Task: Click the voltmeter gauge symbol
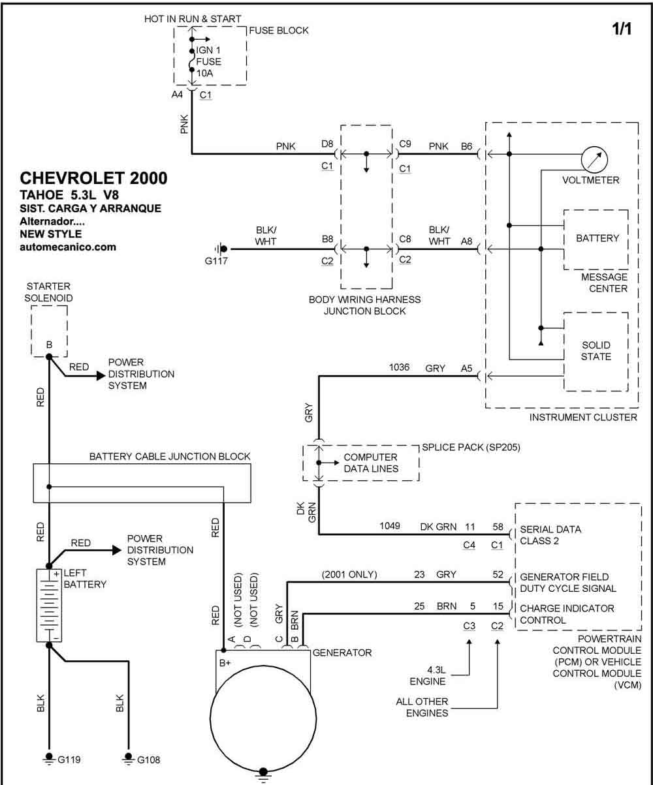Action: (x=594, y=159)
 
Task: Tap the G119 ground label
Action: (x=69, y=760)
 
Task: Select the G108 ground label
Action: (x=149, y=760)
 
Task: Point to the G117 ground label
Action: (x=216, y=261)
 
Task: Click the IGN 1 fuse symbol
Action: (x=192, y=60)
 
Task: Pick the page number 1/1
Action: (x=622, y=29)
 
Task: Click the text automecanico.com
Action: (x=68, y=247)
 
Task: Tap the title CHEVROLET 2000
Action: (x=93, y=178)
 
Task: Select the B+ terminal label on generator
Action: (x=225, y=663)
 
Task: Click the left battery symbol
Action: (x=49, y=606)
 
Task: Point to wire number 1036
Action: (x=399, y=367)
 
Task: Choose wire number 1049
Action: (x=390, y=525)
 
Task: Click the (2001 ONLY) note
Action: (x=349, y=574)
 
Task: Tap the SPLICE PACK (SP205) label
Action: (x=471, y=448)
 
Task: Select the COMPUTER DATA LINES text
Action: (x=371, y=463)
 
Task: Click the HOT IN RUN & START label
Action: (x=193, y=19)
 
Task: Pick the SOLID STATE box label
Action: (x=596, y=351)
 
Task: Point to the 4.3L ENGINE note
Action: (x=428, y=675)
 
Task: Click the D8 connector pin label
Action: (x=327, y=144)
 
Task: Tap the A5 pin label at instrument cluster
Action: (x=466, y=369)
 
